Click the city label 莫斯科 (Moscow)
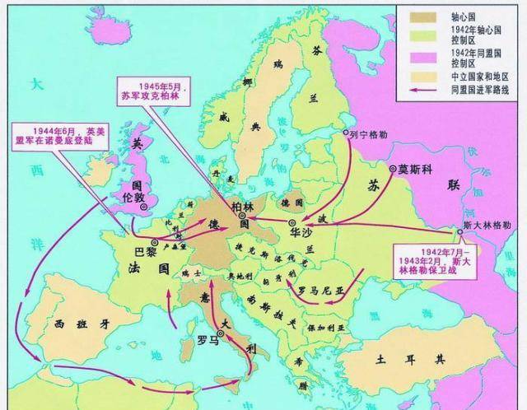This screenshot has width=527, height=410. pos(415,169)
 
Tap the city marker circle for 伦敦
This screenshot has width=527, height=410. pos(143,208)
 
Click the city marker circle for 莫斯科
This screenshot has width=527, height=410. pos(393,169)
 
